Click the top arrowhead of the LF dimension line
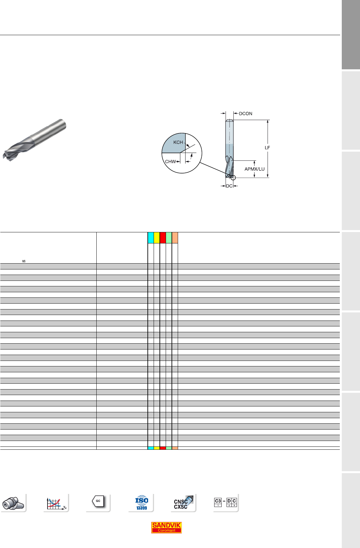268,120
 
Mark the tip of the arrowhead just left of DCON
233,113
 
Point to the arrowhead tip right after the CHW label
180,161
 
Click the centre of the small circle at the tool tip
233,178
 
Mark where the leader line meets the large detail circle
200,162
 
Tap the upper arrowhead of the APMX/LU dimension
255,161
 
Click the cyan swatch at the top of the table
151,238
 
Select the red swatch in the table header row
163,238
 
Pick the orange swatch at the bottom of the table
175,448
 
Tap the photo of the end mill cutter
35,140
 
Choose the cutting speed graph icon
56,503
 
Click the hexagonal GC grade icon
98,501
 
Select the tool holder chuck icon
13,503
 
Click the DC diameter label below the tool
229,186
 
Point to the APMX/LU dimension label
255,169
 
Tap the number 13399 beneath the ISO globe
142,508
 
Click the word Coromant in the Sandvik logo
166,530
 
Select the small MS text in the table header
24,261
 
